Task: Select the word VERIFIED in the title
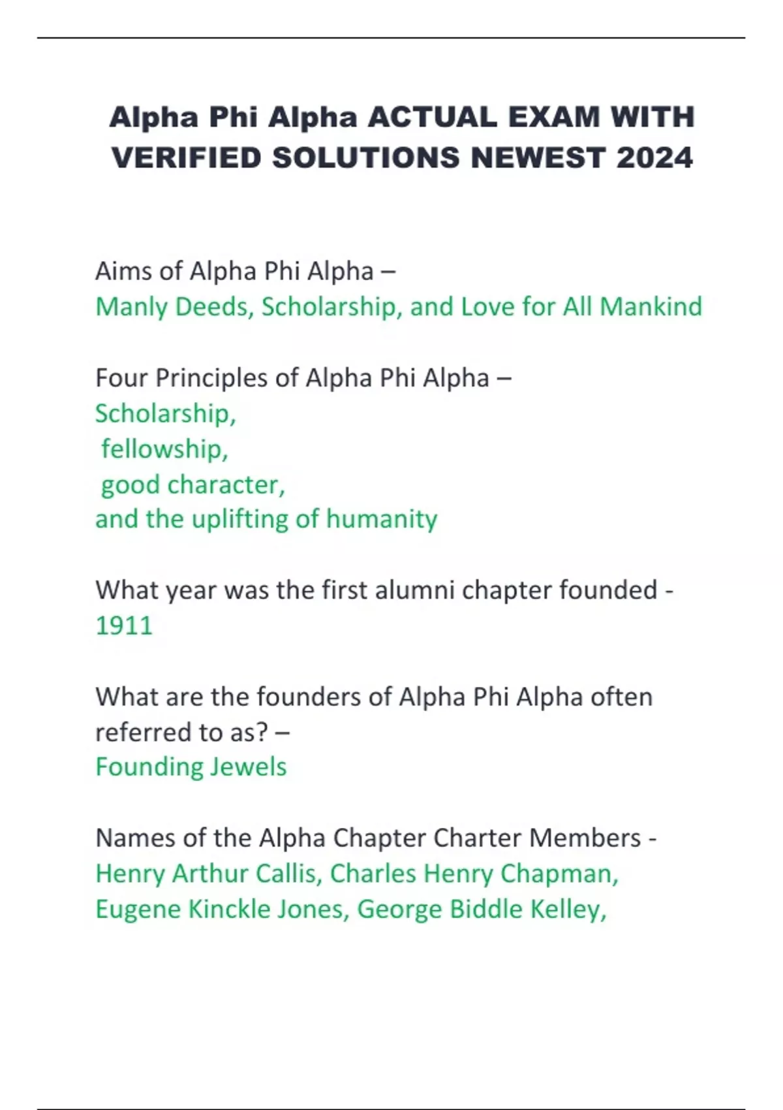coord(187,158)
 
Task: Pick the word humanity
coord(382,520)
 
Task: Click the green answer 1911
coord(124,626)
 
